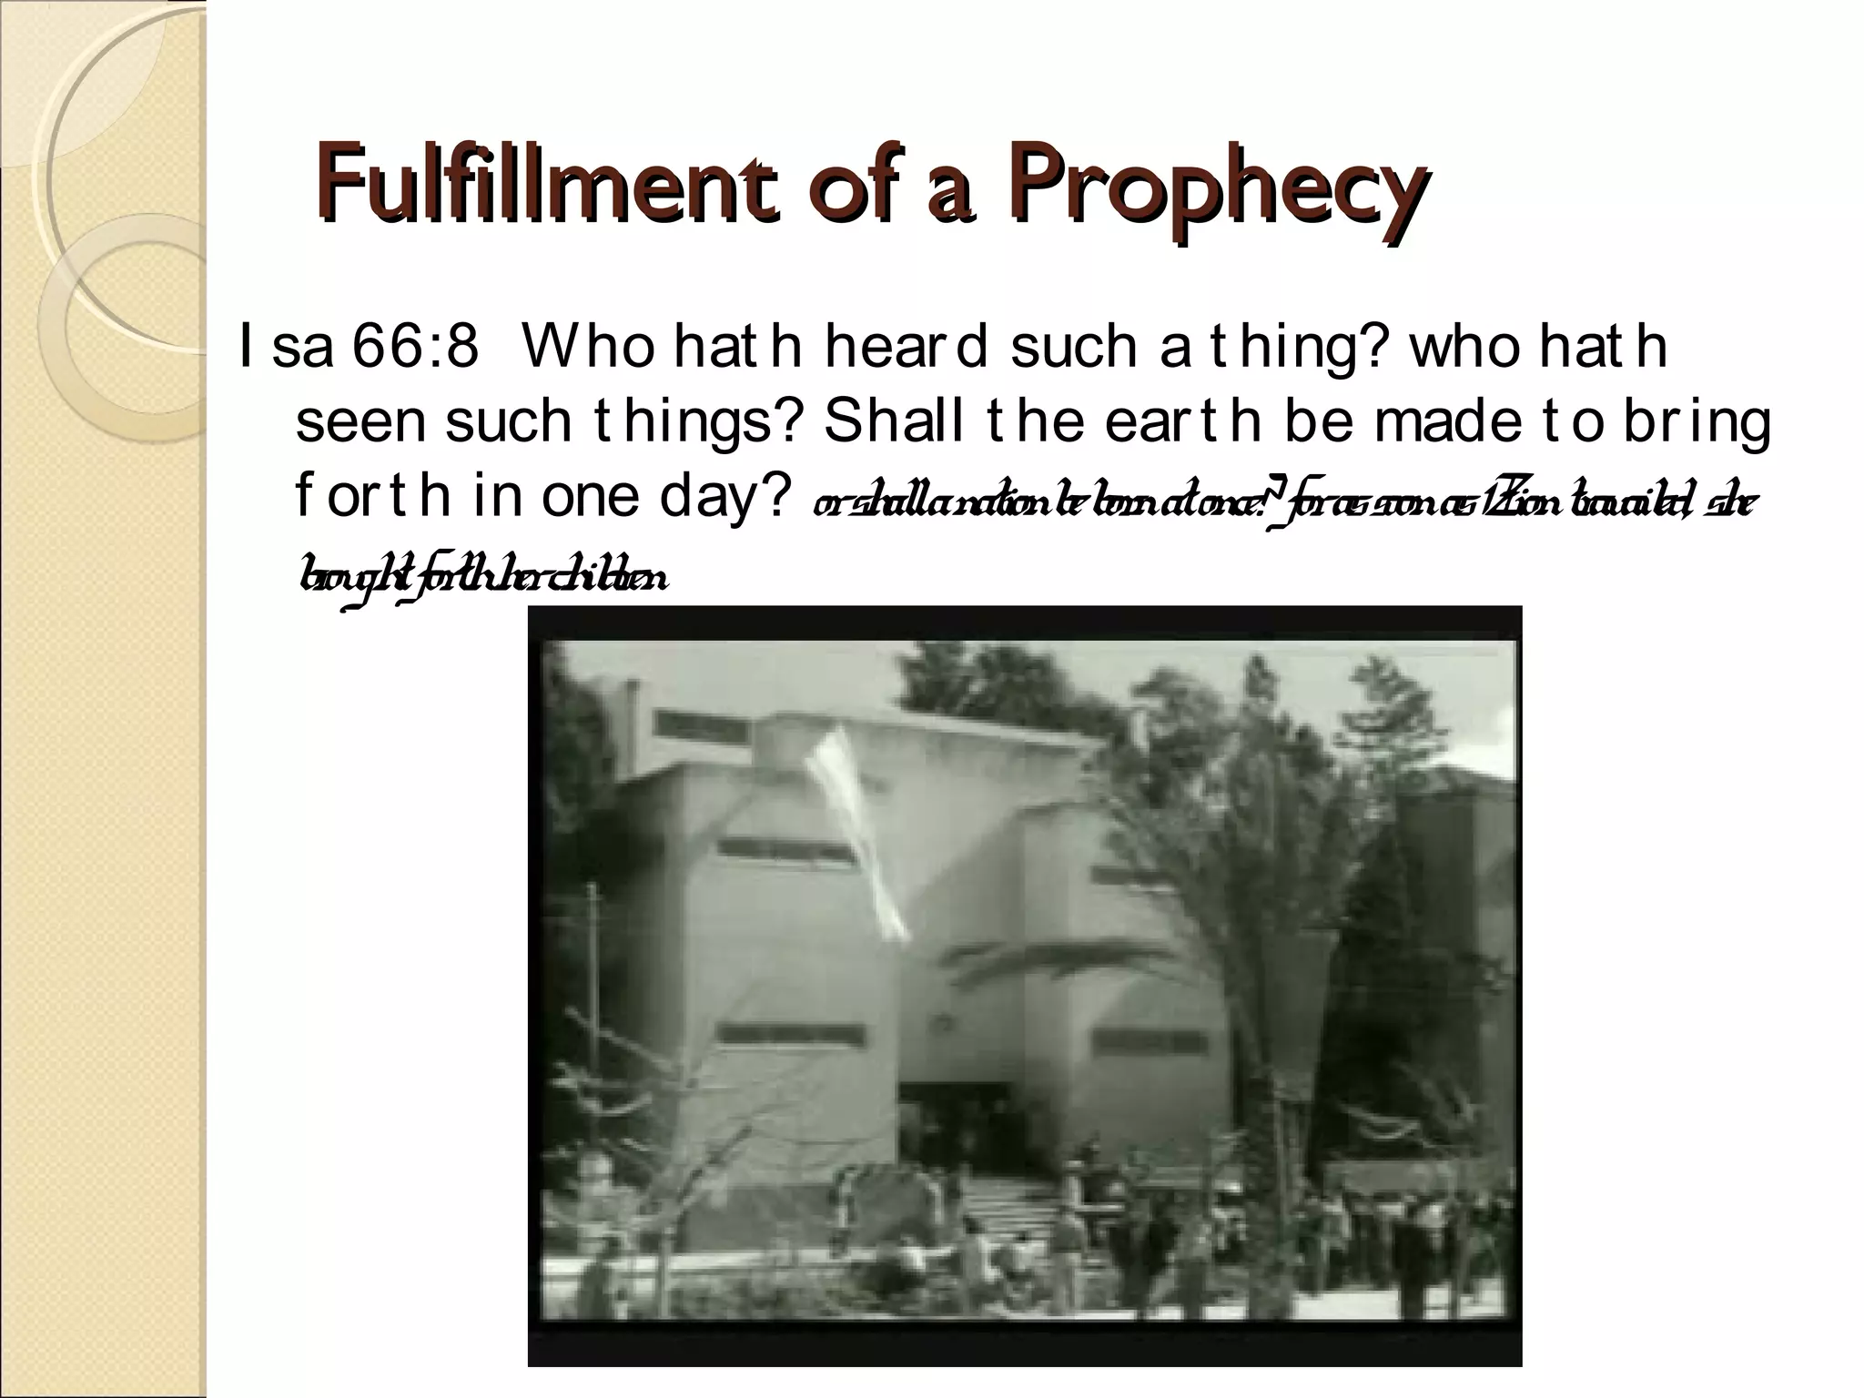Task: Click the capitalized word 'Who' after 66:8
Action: pyautogui.click(x=589, y=347)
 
